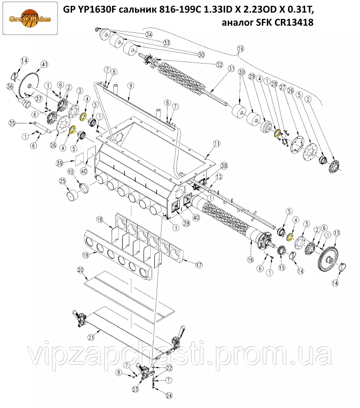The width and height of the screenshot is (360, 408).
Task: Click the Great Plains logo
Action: [30, 18]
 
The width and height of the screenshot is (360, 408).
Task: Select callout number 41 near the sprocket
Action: [45, 64]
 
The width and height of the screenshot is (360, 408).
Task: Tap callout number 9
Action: [130, 86]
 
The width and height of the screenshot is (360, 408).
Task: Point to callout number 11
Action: [216, 143]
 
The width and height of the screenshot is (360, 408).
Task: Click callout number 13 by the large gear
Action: [337, 233]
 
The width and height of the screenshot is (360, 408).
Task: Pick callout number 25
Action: [63, 181]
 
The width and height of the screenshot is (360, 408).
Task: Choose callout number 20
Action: [80, 270]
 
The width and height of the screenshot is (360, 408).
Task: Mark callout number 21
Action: [91, 337]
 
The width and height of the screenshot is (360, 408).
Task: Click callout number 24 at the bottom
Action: [169, 396]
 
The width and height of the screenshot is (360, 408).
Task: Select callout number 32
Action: [220, 64]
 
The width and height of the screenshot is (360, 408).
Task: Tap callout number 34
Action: [148, 34]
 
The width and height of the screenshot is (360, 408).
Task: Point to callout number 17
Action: [199, 265]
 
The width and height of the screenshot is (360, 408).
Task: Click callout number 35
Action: [12, 123]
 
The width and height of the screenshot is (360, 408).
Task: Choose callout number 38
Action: [224, 165]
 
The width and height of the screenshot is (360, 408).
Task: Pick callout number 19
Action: [85, 255]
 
